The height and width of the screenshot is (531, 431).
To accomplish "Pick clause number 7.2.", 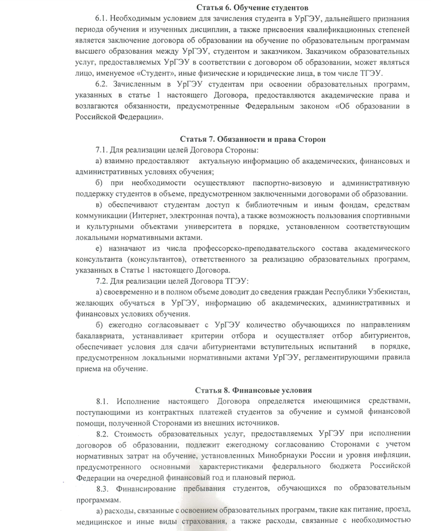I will pyautogui.click(x=102, y=281).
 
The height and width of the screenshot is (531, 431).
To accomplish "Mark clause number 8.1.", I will pyautogui.click(x=104, y=401).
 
